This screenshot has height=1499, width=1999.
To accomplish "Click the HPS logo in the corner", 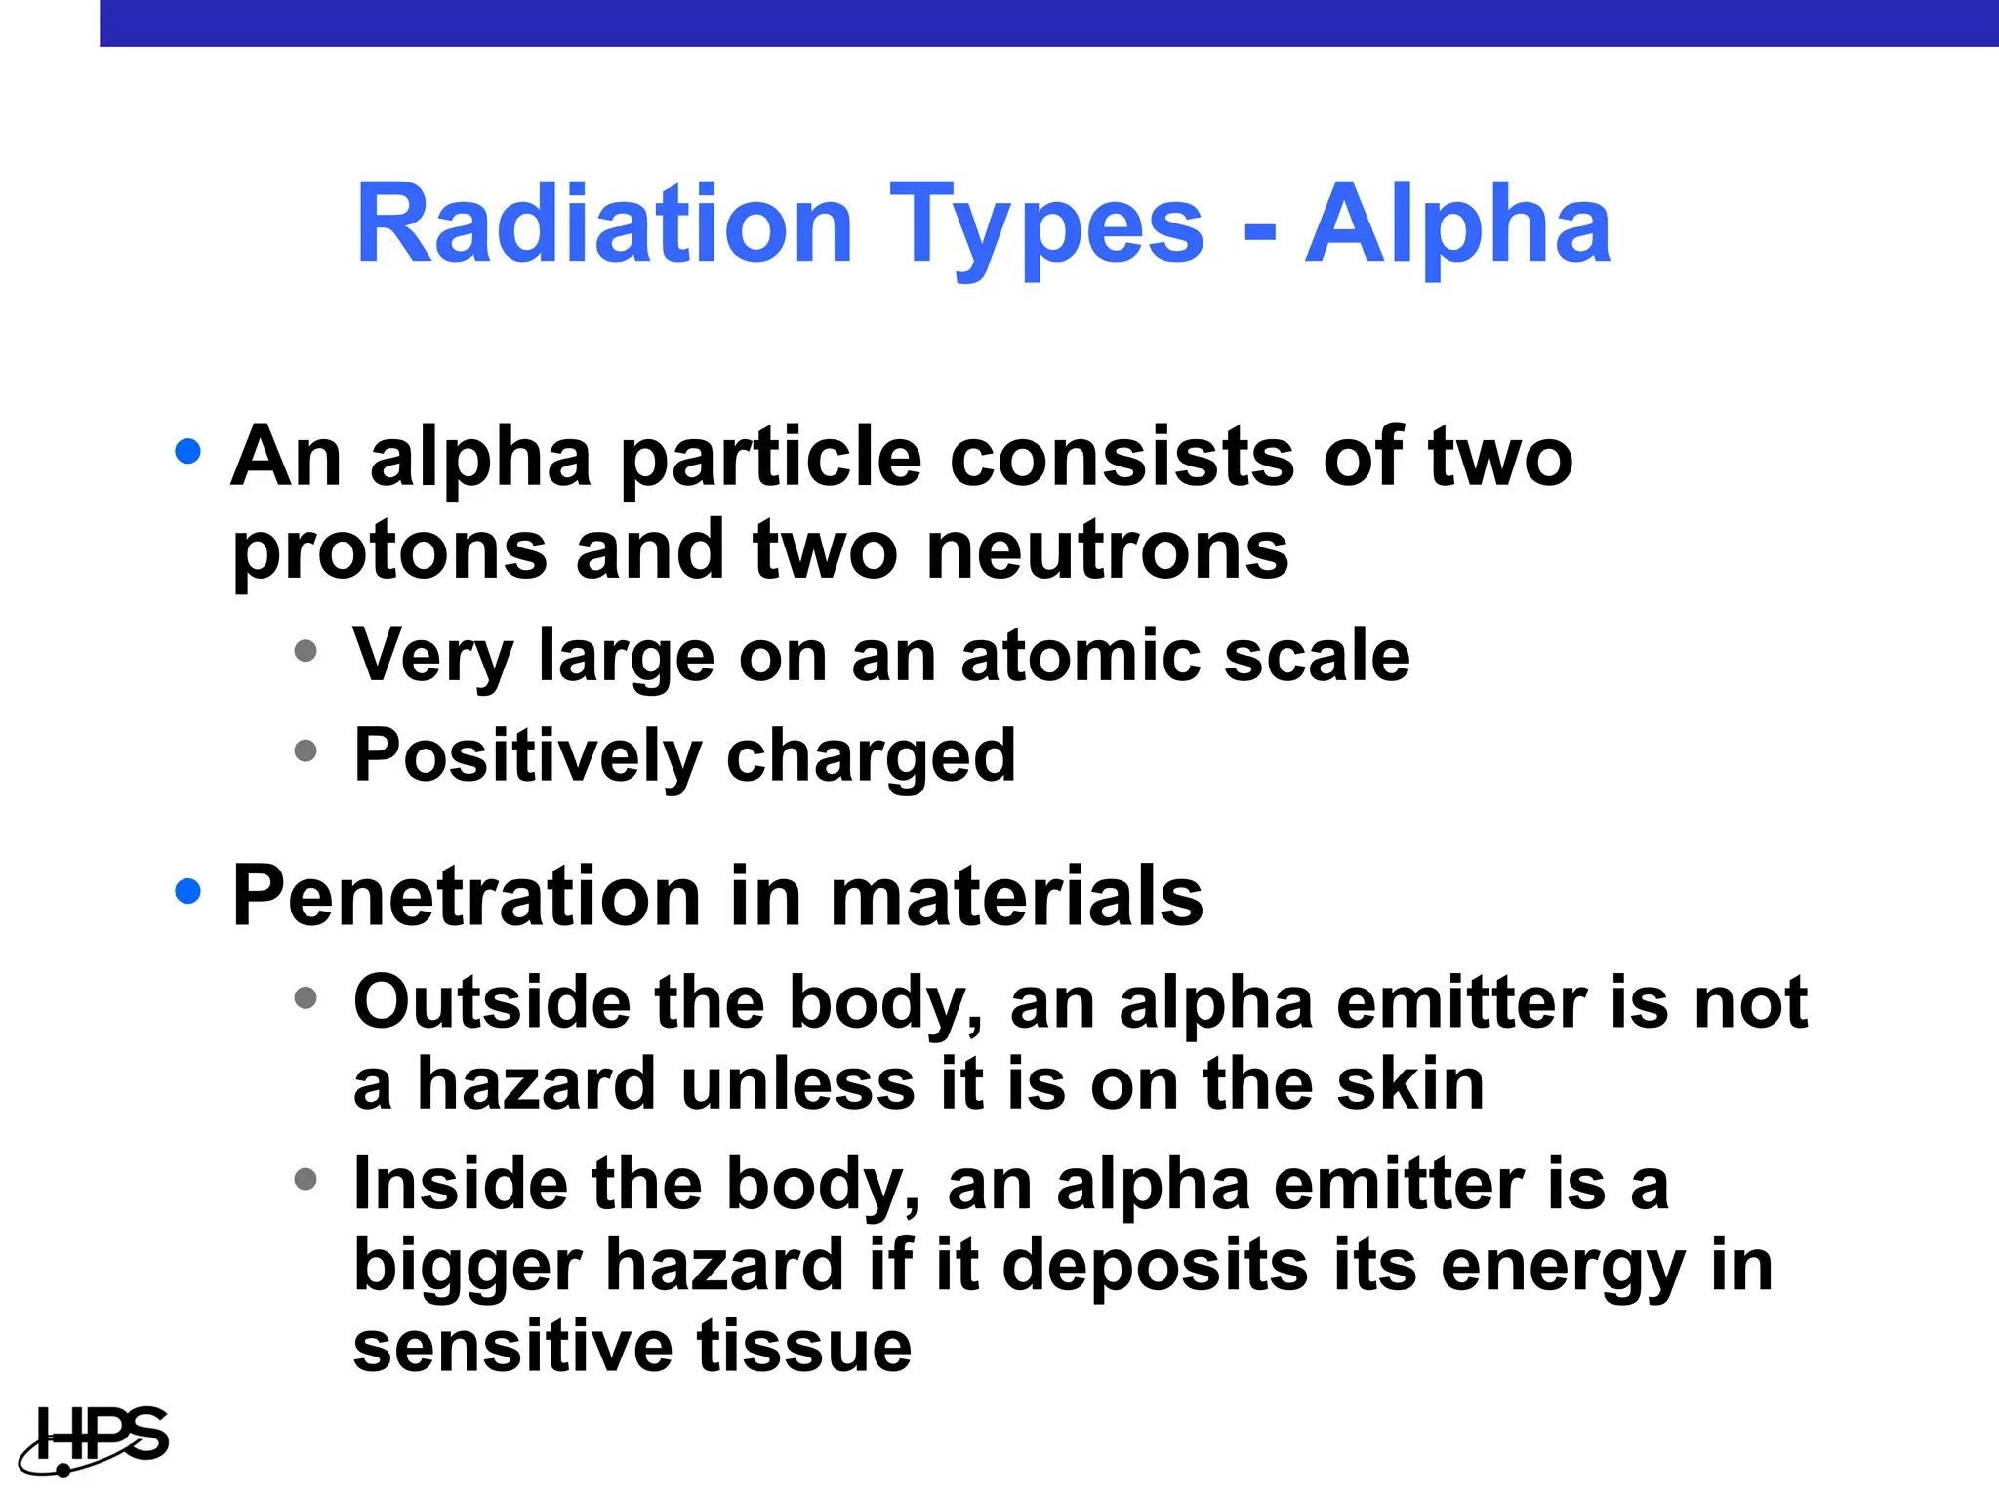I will coord(96,1438).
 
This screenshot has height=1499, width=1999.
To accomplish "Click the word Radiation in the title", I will coord(605,225).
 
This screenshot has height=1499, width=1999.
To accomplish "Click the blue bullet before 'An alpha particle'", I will coord(187,452).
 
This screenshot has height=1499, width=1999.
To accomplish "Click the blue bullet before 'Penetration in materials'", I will coord(187,891).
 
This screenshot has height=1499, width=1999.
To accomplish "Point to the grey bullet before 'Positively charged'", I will coord(306,750).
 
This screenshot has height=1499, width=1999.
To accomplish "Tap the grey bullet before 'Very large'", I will coord(306,650).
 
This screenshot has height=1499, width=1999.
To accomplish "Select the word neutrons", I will coord(1107,550).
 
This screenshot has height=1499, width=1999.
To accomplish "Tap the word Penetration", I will coord(467,896).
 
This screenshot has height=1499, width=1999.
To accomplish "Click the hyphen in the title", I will coord(1259,234).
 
